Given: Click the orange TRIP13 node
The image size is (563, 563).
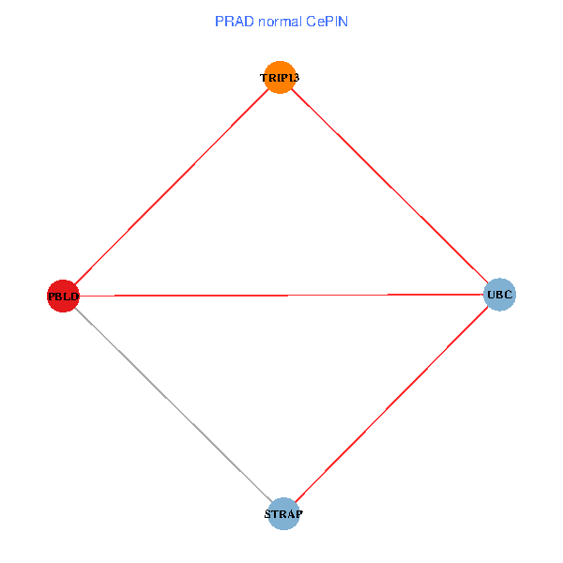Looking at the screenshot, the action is coord(281,77).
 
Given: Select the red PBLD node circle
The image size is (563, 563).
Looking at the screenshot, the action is coord(63,296).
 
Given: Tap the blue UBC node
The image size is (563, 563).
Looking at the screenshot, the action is coord(499,295).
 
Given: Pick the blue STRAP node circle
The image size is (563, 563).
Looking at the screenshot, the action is coord(282,513).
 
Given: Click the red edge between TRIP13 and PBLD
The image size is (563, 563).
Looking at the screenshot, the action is coord(172,186).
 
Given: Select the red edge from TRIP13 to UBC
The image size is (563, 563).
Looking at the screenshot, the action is coord(389,186).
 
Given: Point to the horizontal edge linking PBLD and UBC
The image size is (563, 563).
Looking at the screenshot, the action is coord(281,296).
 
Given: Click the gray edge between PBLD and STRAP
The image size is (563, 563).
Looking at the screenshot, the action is coord(173,404).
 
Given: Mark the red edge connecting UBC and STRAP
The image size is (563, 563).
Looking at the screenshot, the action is coord(390,404).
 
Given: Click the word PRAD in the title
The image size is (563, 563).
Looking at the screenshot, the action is coord(233,21).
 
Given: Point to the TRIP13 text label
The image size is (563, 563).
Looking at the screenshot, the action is coord(280,78).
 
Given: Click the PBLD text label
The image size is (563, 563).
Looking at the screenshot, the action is coord(63,297).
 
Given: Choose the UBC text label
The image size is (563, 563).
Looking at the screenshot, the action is coord(499,296).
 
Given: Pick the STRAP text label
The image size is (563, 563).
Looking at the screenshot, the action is coord(282,514).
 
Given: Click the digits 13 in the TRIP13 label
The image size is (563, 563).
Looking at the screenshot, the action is coord(293,78).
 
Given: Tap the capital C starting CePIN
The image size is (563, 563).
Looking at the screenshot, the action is coord(310,21).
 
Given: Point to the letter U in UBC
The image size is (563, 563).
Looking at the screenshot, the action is coord(491,296).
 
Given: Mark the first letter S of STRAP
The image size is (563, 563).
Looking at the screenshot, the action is coord(267,514).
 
